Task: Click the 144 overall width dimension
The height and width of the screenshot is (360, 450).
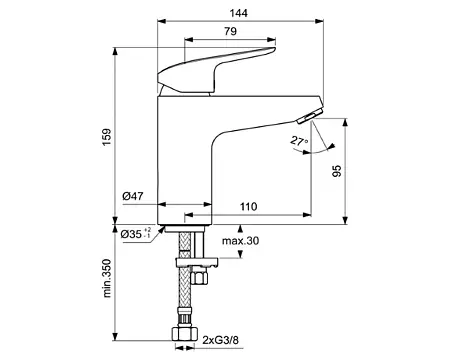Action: pos(239,13)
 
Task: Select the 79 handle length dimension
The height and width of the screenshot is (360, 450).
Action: pos(230,31)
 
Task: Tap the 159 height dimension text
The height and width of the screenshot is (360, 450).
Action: pos(107,137)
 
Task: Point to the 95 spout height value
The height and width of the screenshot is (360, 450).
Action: pos(337,171)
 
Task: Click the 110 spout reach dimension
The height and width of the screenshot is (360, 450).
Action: pos(249,207)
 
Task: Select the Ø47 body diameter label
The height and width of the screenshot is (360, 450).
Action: pos(133,196)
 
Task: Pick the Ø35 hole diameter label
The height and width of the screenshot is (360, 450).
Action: pos(136,234)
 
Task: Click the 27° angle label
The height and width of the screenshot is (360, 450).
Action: pos(299,141)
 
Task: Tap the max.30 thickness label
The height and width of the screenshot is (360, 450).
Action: pos(240,240)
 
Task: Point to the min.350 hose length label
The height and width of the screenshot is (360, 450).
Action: pos(107,278)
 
